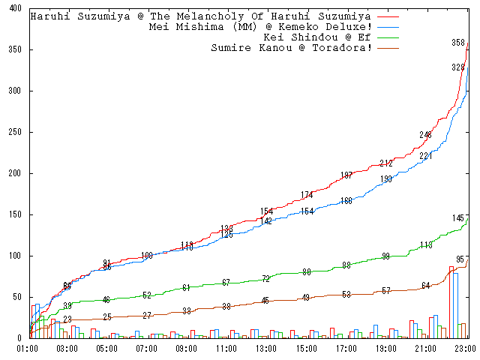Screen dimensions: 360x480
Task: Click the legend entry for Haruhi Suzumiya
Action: (x=200, y=16)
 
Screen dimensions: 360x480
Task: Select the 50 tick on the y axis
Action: (x=17, y=297)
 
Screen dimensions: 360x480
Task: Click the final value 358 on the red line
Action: (x=459, y=43)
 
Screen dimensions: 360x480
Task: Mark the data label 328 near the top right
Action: (x=458, y=67)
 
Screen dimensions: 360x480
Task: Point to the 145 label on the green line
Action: (x=459, y=218)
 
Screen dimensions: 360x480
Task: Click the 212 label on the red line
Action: (x=386, y=163)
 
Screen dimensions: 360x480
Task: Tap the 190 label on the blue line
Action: (x=386, y=179)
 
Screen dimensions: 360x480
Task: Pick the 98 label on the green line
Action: (x=386, y=256)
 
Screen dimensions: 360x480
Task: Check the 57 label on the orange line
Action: (x=386, y=290)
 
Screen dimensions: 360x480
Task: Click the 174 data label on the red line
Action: (x=307, y=195)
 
